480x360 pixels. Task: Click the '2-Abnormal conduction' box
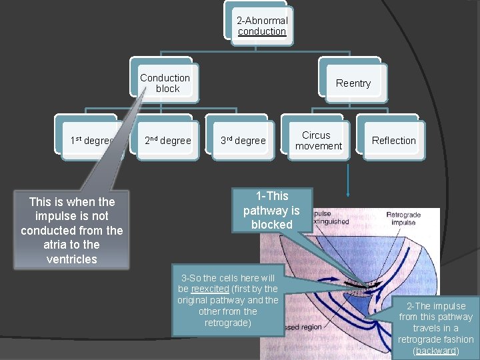point(262,26)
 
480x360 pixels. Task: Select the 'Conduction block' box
point(165,83)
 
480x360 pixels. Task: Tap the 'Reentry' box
point(353,83)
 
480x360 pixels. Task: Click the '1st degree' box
point(91,141)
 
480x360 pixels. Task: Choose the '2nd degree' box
point(168,141)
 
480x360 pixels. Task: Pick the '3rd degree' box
point(243,141)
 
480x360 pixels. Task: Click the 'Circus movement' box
point(319,140)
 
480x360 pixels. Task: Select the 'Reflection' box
point(393,141)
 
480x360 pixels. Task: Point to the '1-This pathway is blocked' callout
point(271,210)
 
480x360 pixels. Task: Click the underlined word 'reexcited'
point(210,289)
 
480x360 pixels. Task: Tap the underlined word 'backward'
point(435,351)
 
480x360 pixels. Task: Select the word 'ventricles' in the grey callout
point(72,259)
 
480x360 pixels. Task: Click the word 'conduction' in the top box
point(262,31)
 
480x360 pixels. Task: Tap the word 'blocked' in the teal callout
point(271,225)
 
